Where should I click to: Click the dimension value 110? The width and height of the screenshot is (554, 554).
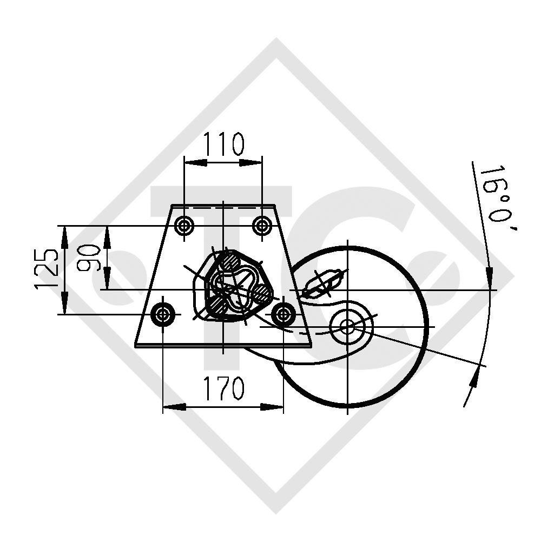pos(223,144)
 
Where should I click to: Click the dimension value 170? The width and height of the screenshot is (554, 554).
pos(223,388)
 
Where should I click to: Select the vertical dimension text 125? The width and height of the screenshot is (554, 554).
pos(47,269)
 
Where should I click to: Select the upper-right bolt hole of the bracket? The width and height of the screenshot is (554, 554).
pos(262,225)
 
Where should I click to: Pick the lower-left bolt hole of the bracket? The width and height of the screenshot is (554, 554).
pos(163,314)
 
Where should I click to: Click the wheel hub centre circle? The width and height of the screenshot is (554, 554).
pos(347,326)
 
